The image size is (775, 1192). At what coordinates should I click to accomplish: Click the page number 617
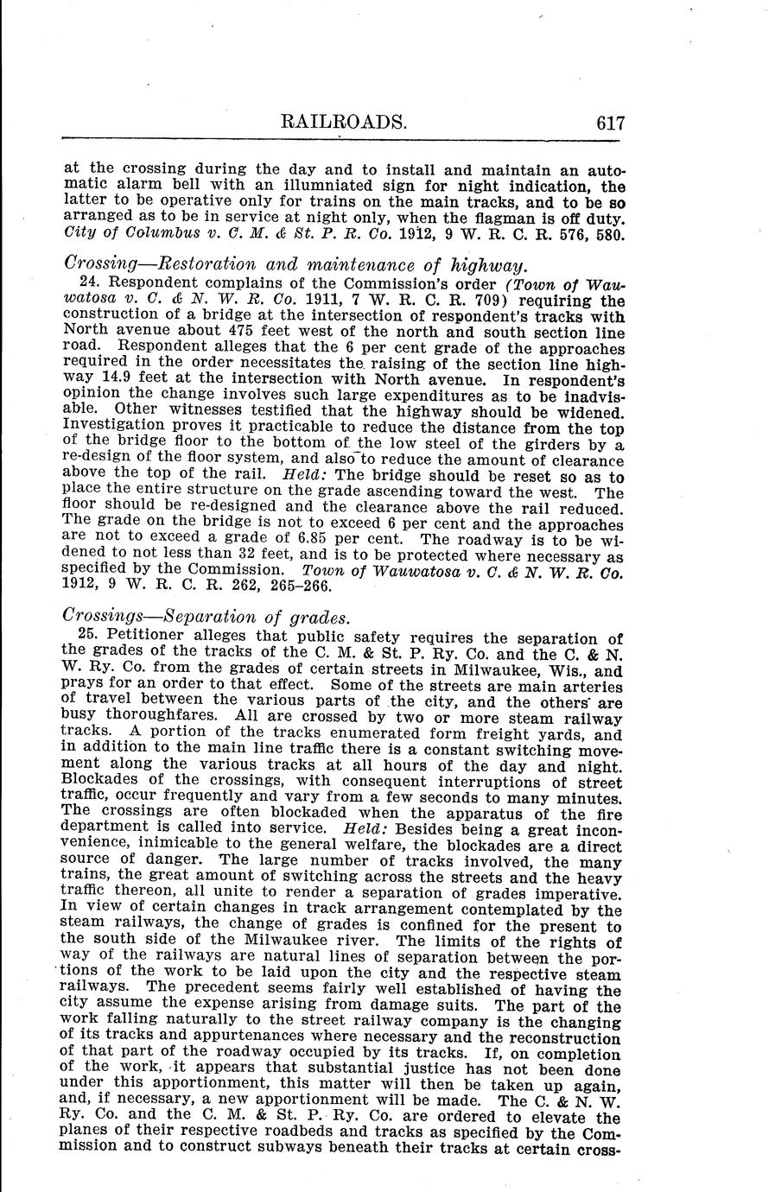pos(609,123)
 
